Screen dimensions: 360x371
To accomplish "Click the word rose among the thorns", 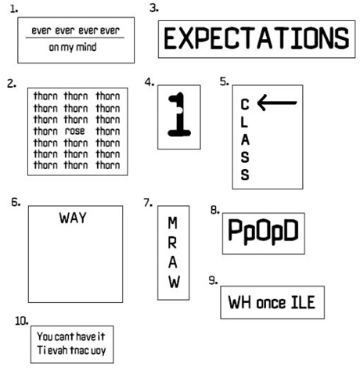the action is coord(75,131).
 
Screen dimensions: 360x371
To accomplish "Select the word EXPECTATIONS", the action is coord(257,39).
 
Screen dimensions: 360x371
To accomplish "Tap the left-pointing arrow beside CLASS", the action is coord(277,103).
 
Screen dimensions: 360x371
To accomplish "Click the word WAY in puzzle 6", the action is coord(73,218).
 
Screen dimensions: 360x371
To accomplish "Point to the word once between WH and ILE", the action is coord(271,303).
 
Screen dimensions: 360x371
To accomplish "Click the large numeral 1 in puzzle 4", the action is coord(179,114).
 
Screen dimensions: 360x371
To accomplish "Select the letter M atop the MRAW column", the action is coord(173,223).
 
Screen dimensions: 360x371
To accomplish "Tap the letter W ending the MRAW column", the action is coord(174,282).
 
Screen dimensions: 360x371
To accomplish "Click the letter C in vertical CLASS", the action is coord(245,104).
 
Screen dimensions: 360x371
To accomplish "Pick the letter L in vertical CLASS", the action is coord(244,122).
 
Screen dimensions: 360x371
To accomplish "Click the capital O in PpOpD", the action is coord(263,230).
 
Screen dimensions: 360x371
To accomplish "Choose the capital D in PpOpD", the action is coord(290,230).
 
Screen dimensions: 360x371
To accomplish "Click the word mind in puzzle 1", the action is coord(86,47).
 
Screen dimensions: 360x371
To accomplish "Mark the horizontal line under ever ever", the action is coord(75,38).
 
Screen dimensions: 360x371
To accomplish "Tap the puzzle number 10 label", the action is coord(21,321).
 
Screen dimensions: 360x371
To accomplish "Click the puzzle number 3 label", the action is coord(154,8).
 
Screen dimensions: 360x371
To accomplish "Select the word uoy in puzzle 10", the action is coord(98,351).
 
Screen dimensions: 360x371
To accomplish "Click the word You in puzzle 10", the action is coord(45,337).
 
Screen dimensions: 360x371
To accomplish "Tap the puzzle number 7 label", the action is coord(148,203).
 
